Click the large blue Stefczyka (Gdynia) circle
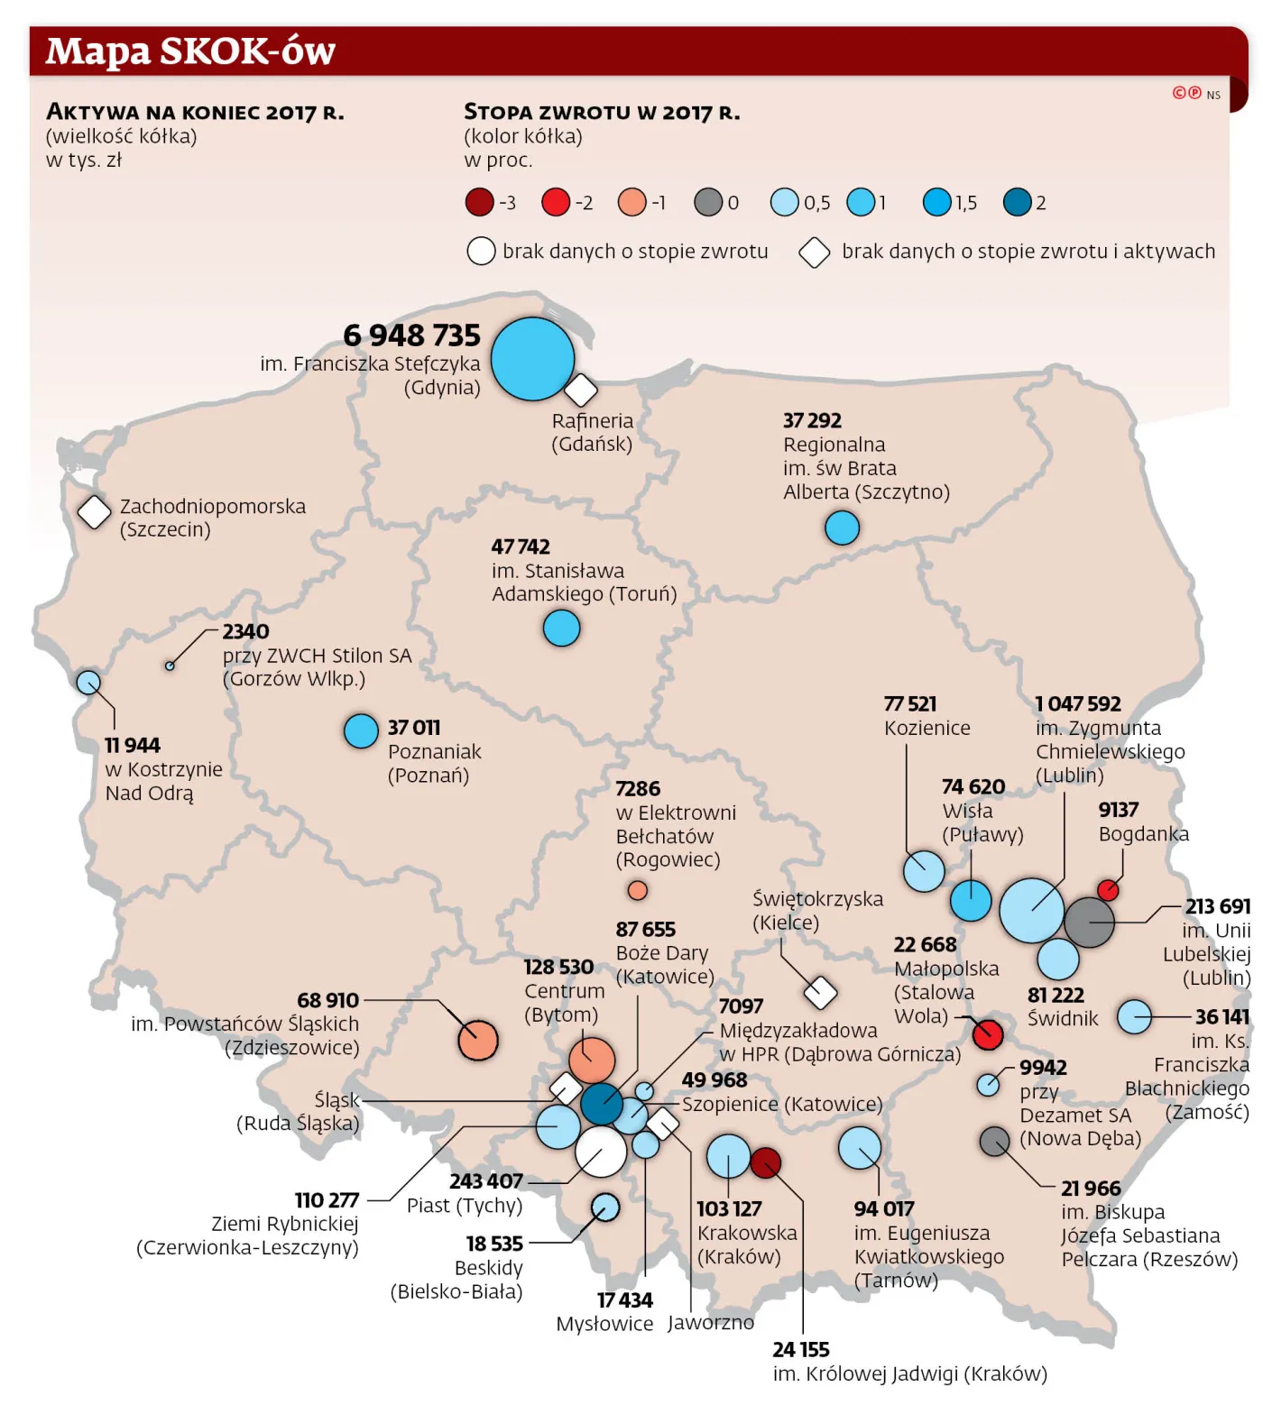coord(532,359)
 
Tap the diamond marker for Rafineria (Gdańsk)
coord(581,390)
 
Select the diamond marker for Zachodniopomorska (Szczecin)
coord(94,511)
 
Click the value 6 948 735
coord(412,335)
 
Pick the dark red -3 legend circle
coord(479,202)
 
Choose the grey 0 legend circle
coord(708,202)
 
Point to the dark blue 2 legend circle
coord(1018,202)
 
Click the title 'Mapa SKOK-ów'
coord(190,51)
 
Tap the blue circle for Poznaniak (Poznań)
coord(361,731)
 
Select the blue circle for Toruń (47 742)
coord(561,628)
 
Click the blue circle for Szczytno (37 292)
coord(842,528)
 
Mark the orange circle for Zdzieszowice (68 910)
coord(478,1041)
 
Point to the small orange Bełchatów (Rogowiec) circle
coord(638,891)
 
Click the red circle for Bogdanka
coord(1108,890)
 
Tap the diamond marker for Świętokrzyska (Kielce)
coord(820,993)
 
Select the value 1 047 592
coord(1077,704)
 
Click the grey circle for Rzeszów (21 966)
coord(994,1141)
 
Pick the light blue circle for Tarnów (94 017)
coord(860,1148)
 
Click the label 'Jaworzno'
coord(711,1323)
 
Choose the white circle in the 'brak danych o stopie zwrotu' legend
coord(481,251)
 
